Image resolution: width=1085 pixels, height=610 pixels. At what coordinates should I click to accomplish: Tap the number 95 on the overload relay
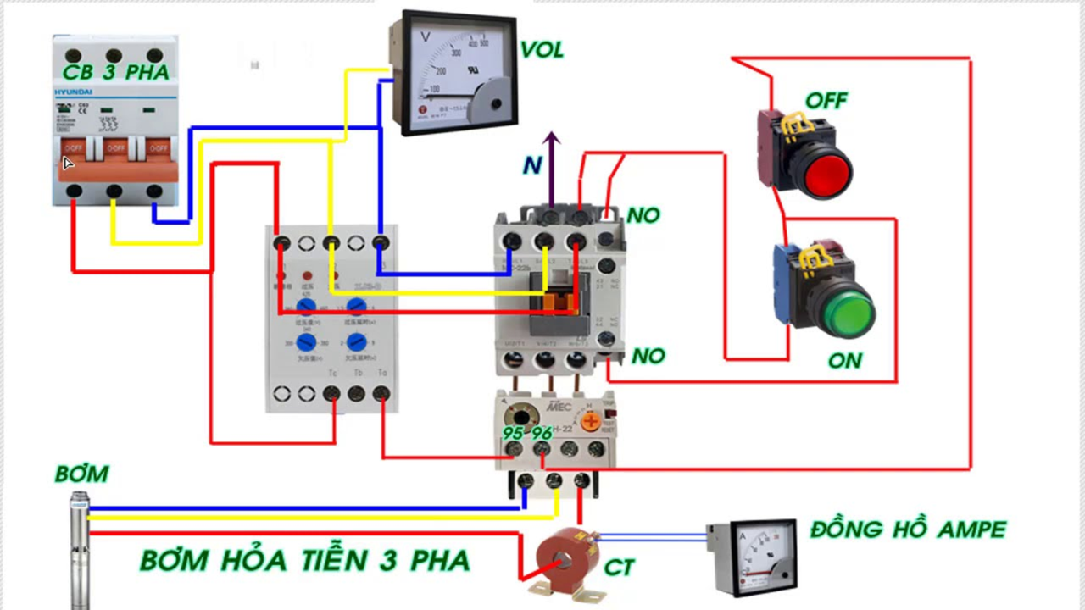pos(513,433)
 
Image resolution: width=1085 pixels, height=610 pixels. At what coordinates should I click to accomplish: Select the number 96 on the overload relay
pos(542,433)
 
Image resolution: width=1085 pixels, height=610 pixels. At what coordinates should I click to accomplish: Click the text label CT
pos(619,567)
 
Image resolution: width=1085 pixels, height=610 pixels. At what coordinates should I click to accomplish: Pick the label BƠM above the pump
pos(81,474)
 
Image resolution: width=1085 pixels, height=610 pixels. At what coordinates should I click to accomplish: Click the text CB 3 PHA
pos(115,73)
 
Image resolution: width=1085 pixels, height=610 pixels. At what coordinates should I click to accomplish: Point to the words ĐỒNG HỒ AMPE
pos(908,530)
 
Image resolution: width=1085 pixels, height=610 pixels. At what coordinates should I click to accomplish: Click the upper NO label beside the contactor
pos(643,215)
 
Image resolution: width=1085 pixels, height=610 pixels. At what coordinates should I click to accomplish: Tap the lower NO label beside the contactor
pos(648,356)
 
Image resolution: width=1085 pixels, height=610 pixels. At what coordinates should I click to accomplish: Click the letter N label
pos(531,165)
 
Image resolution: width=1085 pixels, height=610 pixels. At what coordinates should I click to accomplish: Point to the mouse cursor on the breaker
pos(69,164)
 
